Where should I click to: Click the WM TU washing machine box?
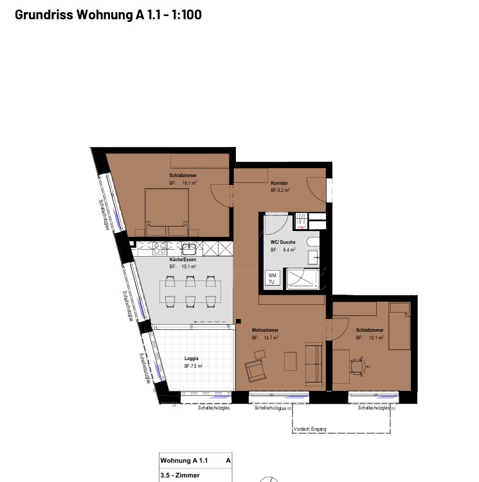[x=273, y=278]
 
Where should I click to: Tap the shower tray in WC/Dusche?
[x=303, y=279]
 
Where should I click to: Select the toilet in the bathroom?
[x=312, y=242]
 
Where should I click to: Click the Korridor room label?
[x=280, y=183]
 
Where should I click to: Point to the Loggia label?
[x=192, y=358]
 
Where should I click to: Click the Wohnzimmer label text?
[x=265, y=330]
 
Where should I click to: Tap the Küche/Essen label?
[x=183, y=259]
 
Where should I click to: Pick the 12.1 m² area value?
[x=376, y=338]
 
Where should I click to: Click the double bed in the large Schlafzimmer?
[x=167, y=212]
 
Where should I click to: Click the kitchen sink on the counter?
[x=188, y=248]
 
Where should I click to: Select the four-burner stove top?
[x=160, y=248]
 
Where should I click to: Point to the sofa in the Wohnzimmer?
[x=314, y=364]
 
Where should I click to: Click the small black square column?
[x=238, y=322]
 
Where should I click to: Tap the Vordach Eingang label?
[x=310, y=429]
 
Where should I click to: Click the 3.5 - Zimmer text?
[x=180, y=475]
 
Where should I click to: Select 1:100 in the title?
[x=186, y=15]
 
